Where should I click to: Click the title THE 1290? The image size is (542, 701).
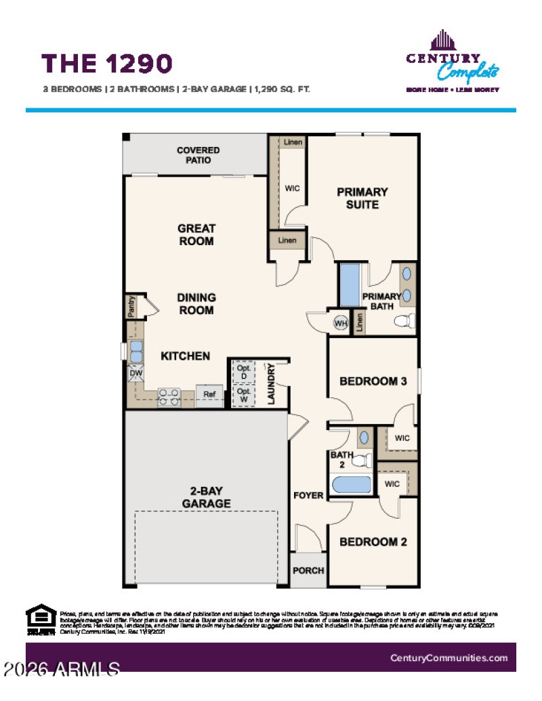pos(107,63)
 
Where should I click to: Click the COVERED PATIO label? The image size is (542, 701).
pos(198,155)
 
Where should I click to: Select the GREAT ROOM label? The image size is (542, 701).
pos(196,235)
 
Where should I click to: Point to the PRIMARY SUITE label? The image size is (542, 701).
pos(362,198)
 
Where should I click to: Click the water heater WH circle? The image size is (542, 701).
pos(340,324)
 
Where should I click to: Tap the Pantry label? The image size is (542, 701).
pos(132,306)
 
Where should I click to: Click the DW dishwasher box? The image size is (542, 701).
pos(135,373)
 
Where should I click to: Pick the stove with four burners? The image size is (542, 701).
pos(168,397)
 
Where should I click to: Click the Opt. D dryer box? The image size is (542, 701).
pos(243,372)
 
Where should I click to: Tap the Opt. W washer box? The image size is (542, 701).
pos(243,396)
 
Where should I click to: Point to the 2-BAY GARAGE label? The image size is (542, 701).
pos(206,498)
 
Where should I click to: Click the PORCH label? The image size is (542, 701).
pos(308,570)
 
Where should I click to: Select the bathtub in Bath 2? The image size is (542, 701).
pos(351,485)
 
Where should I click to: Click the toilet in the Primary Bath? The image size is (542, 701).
pos(405,321)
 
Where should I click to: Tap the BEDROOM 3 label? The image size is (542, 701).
pos(373,381)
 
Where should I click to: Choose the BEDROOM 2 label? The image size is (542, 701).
pos(373,542)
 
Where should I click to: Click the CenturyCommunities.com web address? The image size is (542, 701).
pos(449,658)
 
